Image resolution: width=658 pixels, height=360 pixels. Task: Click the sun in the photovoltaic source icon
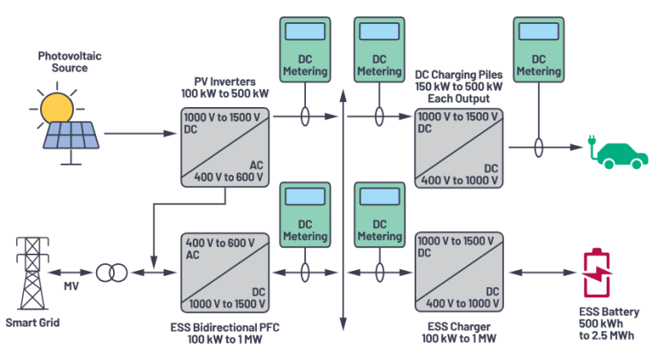point(57,107)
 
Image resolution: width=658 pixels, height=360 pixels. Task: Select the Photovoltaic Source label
point(63,62)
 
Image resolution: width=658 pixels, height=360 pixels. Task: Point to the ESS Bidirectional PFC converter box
point(224,271)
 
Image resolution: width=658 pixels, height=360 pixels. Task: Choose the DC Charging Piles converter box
point(458,147)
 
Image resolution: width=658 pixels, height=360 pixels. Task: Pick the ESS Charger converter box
point(458,271)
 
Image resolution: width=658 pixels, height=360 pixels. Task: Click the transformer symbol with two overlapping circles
point(111,273)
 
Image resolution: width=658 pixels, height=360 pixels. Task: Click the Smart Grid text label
point(33,324)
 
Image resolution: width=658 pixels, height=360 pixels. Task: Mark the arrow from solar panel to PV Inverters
point(129,134)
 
